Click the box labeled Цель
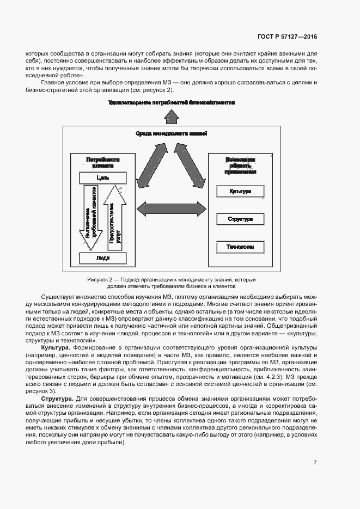click(x=103, y=178)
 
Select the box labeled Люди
click(x=103, y=258)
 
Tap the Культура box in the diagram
click(x=240, y=192)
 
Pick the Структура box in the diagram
click(x=240, y=219)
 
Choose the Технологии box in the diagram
click(x=240, y=247)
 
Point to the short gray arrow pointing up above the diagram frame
click(x=172, y=116)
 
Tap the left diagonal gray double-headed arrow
click(x=149, y=164)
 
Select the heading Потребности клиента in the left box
click(x=102, y=163)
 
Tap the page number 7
click(x=315, y=463)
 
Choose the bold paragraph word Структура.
click(x=55, y=400)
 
